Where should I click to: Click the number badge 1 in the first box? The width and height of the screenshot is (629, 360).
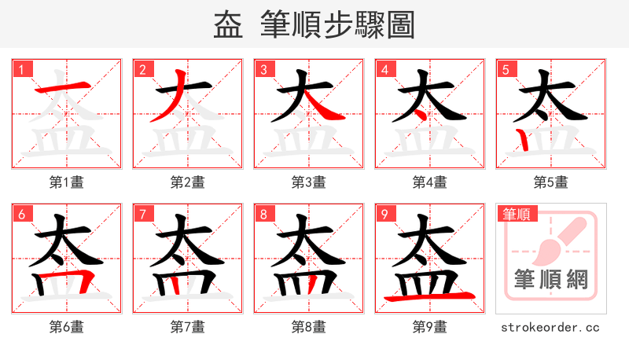click(x=21, y=69)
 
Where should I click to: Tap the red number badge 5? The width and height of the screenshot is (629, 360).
click(x=506, y=69)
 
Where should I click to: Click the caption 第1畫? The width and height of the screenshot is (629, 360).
click(x=67, y=182)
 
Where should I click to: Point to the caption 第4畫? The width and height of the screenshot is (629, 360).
click(x=430, y=182)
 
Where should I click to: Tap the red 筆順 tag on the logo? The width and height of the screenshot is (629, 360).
click(x=516, y=214)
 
